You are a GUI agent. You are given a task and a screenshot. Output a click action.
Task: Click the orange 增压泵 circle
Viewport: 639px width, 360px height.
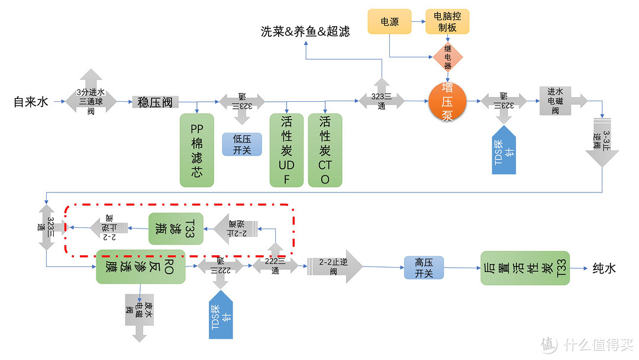coord(447,101)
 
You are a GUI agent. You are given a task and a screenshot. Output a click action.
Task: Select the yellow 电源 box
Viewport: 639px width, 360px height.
coord(389,21)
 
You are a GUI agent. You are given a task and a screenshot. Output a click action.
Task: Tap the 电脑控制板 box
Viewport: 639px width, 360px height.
coord(447,21)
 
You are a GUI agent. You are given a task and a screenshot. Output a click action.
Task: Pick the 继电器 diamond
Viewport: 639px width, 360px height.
coord(447,58)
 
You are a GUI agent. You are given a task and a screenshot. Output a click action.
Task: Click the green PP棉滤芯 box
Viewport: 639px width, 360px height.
coord(196,150)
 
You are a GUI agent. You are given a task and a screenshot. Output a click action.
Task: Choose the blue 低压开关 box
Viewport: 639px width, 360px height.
coord(241,144)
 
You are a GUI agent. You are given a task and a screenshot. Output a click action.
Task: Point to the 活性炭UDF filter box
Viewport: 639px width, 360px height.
coord(286,150)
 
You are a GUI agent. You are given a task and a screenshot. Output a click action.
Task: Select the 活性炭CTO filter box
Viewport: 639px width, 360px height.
coord(325,150)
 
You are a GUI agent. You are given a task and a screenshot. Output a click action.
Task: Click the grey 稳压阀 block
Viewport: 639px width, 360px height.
coord(155,102)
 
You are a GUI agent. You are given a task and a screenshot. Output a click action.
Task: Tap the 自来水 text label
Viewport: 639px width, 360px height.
coord(30,102)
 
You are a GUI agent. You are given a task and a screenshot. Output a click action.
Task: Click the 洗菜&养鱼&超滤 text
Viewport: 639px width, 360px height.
coord(305,31)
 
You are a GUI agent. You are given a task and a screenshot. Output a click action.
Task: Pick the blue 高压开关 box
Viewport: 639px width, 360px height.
coord(424,268)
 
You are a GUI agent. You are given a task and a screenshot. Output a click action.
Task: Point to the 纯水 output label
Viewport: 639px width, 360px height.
coord(604,268)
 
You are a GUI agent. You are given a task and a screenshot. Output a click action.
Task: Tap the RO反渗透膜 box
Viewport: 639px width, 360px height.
coord(140,266)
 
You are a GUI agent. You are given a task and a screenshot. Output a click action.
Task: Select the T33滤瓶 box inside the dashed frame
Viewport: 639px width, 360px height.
coord(175,228)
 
